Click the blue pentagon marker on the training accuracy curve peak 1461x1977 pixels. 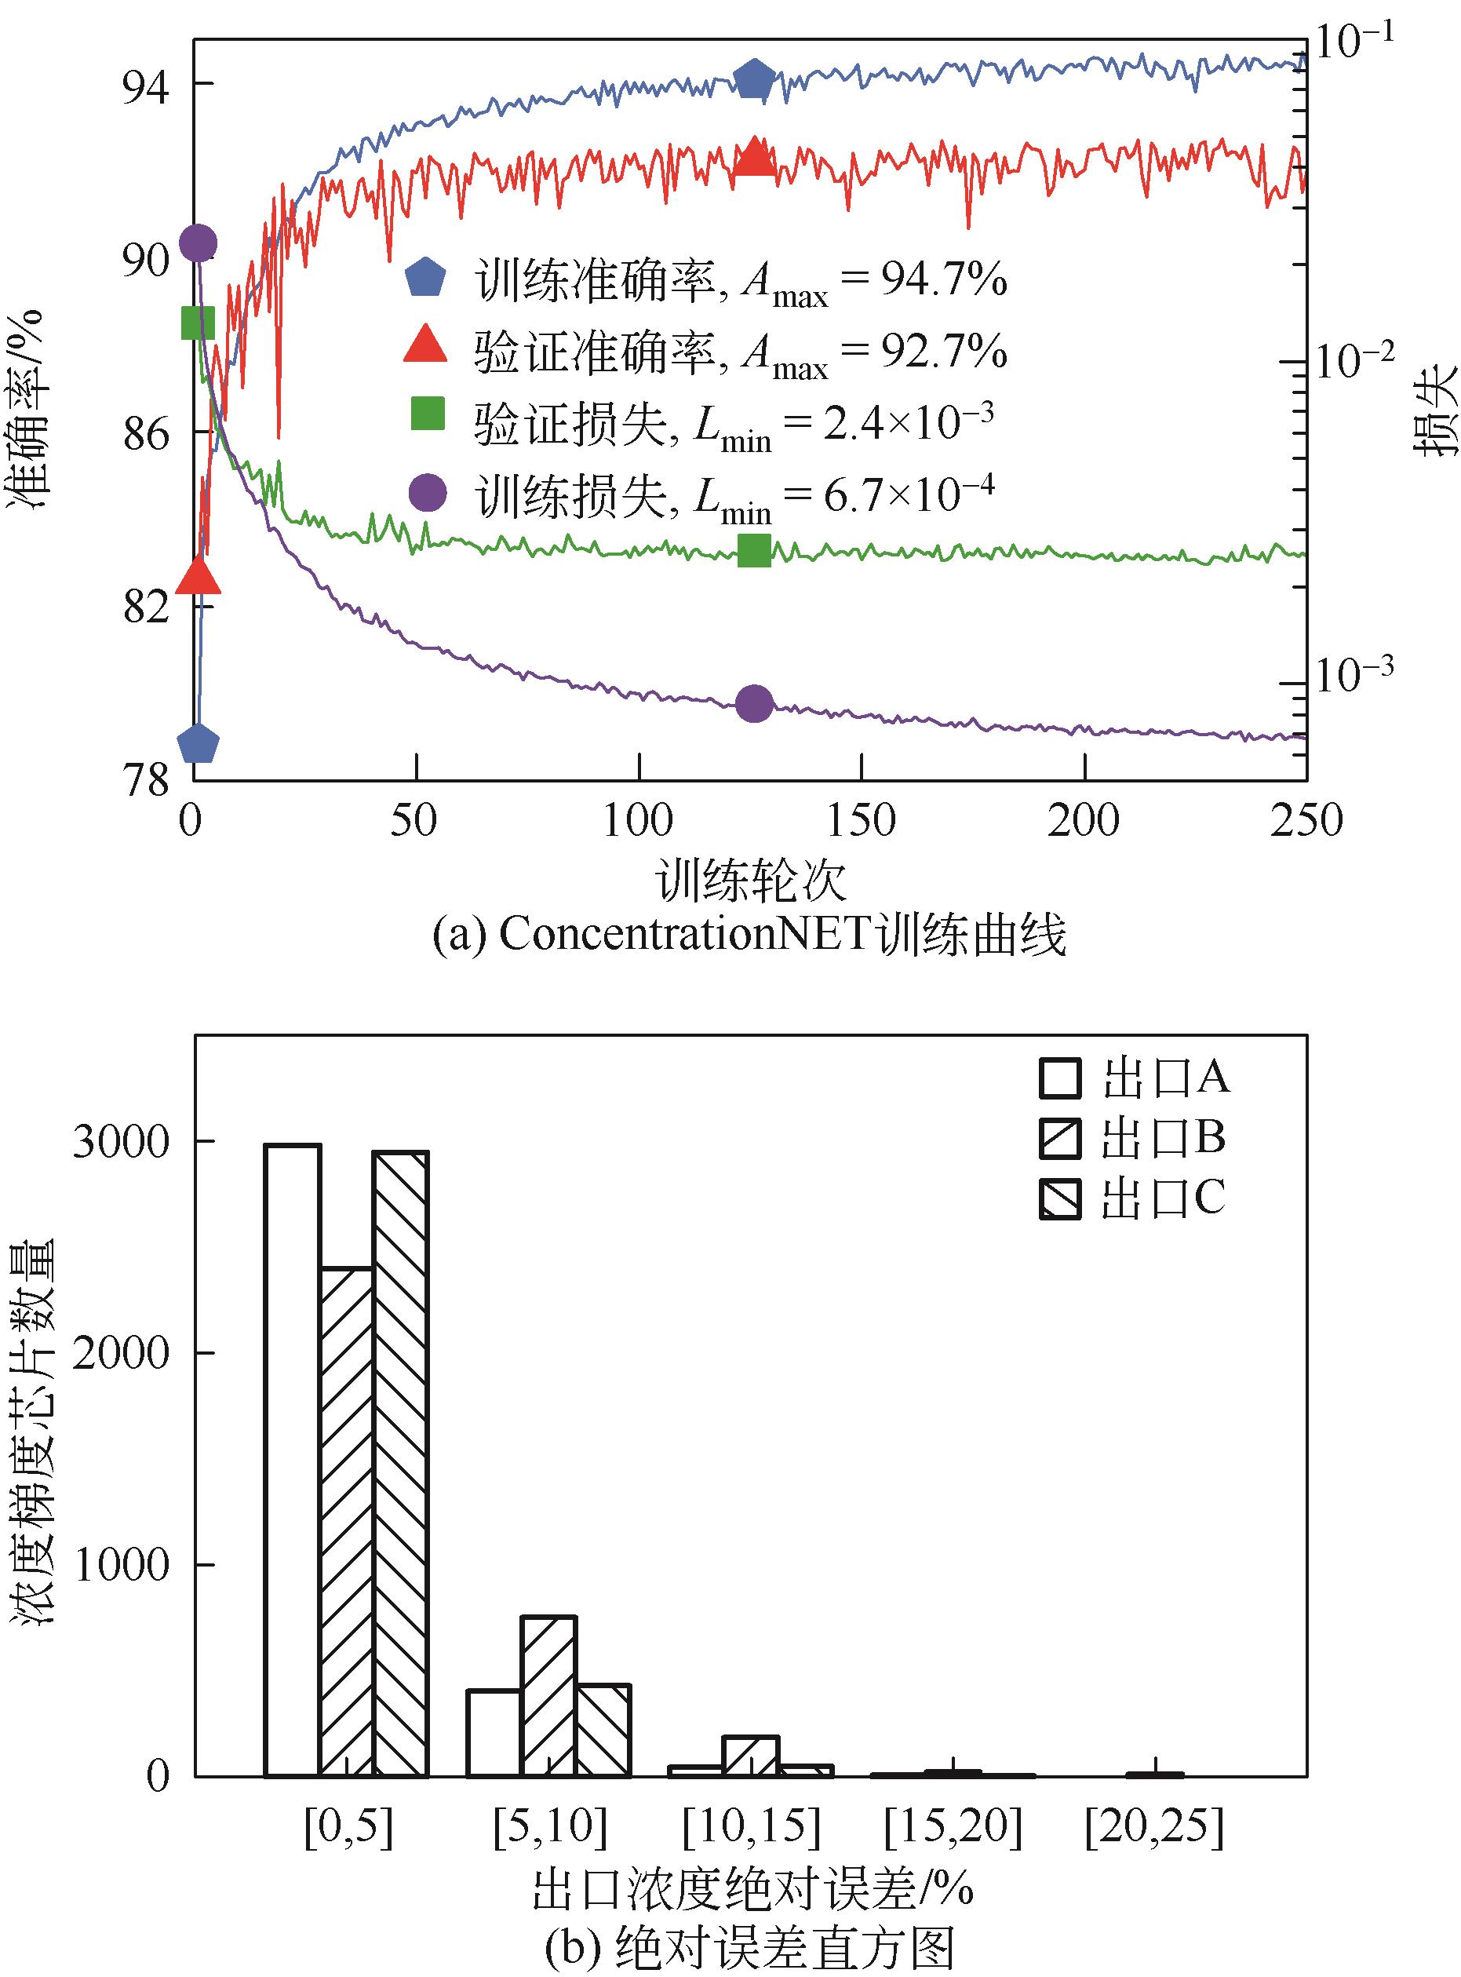(754, 81)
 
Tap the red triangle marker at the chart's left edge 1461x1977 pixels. (197, 578)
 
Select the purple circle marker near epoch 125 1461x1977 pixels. (754, 704)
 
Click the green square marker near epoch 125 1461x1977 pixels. (754, 551)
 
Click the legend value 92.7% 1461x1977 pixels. (943, 353)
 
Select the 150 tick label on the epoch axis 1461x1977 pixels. (861, 821)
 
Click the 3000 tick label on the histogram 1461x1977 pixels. (121, 1143)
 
